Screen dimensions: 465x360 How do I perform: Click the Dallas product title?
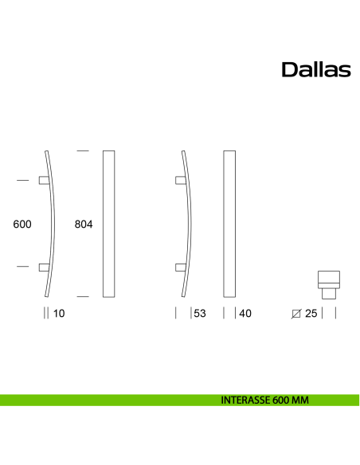click(x=316, y=70)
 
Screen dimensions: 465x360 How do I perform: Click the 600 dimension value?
click(x=22, y=225)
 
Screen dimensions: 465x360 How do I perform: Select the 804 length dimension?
click(x=84, y=225)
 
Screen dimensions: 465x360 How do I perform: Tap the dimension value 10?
click(x=57, y=314)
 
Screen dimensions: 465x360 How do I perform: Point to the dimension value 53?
click(x=199, y=314)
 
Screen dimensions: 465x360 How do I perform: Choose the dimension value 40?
click(x=245, y=314)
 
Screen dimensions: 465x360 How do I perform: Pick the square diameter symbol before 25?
click(x=297, y=314)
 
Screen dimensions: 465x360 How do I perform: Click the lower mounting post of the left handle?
click(x=43, y=267)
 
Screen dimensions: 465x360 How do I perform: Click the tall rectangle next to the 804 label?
click(x=109, y=224)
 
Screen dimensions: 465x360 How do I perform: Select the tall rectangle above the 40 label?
click(x=229, y=224)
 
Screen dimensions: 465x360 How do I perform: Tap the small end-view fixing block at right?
click(x=329, y=283)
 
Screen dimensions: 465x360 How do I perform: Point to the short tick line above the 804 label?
click(x=82, y=150)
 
